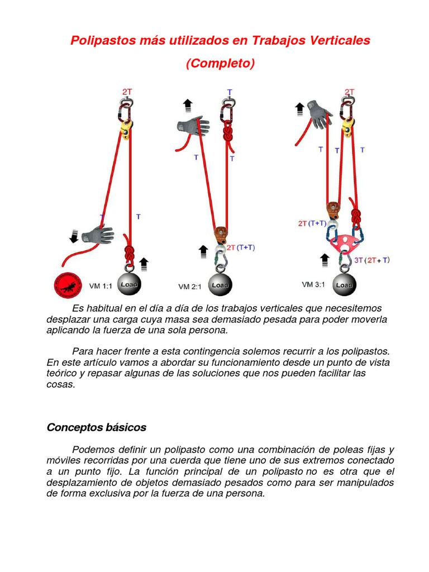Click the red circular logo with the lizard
68,285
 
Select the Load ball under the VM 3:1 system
343,284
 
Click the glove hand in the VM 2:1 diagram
194,126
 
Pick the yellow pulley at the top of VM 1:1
126,130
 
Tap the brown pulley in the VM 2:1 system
221,232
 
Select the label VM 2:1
189,287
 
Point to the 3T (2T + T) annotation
370,260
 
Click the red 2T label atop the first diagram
127,91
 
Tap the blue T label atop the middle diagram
230,91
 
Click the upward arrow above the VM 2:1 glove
188,104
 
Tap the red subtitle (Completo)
220,64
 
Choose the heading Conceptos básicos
96,427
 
